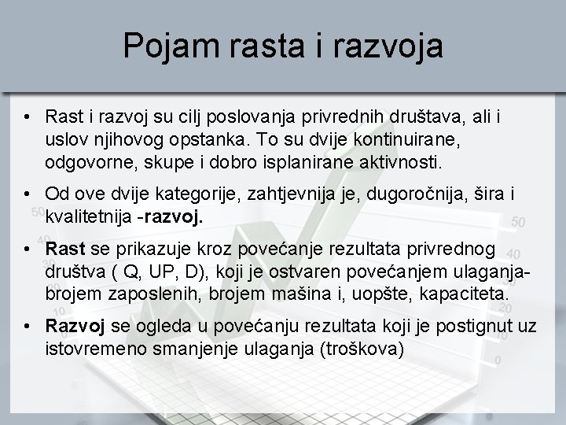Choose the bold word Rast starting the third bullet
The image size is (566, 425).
pyautogui.click(x=65, y=249)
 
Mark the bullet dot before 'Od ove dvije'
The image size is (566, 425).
pyautogui.click(x=27, y=194)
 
